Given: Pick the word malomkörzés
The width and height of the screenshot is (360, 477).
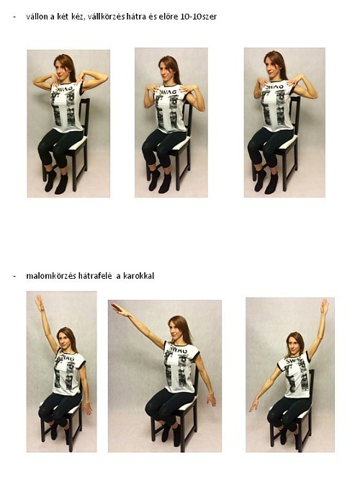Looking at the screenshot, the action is coord(51,276).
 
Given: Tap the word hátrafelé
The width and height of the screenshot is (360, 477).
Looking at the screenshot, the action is coord(96,276).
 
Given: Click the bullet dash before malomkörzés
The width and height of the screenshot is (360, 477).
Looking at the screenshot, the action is coord(14,277).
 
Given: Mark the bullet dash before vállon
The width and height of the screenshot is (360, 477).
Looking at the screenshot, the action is coord(14,17).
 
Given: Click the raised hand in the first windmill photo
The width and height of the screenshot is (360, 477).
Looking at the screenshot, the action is coord(40,302).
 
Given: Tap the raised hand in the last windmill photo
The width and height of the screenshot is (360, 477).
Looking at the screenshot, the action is coord(324,307).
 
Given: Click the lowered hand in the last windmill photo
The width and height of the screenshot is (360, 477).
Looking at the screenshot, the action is coord(253,405).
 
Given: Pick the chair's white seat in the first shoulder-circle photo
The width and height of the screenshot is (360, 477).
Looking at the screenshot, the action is coord(75,143).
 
